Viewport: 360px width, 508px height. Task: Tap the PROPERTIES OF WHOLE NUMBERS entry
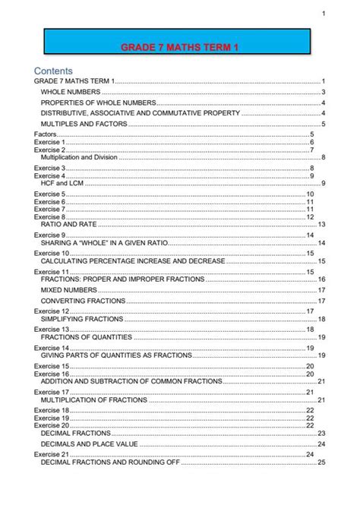98,103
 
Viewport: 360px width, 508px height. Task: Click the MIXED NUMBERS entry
67,289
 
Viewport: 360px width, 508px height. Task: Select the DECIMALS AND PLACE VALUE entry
87,443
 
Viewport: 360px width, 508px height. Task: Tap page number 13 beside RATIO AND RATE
321,224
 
